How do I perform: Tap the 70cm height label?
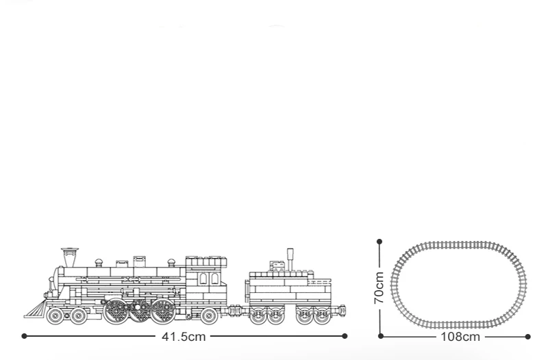pyautogui.click(x=379, y=288)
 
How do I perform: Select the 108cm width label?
pyautogui.click(x=461, y=336)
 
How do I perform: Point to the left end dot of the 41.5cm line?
pyautogui.click(x=24, y=336)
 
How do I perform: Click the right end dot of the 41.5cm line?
pyautogui.click(x=345, y=336)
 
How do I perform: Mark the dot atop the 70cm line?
pyautogui.click(x=379, y=240)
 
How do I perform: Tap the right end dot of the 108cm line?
pyautogui.click(x=528, y=336)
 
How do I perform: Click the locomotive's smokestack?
pyautogui.click(x=68, y=257)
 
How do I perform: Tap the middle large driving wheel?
pyautogui.click(x=140, y=311)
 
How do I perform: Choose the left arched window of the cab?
pyautogui.click(x=203, y=279)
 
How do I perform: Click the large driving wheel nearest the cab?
pyautogui.click(x=164, y=311)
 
